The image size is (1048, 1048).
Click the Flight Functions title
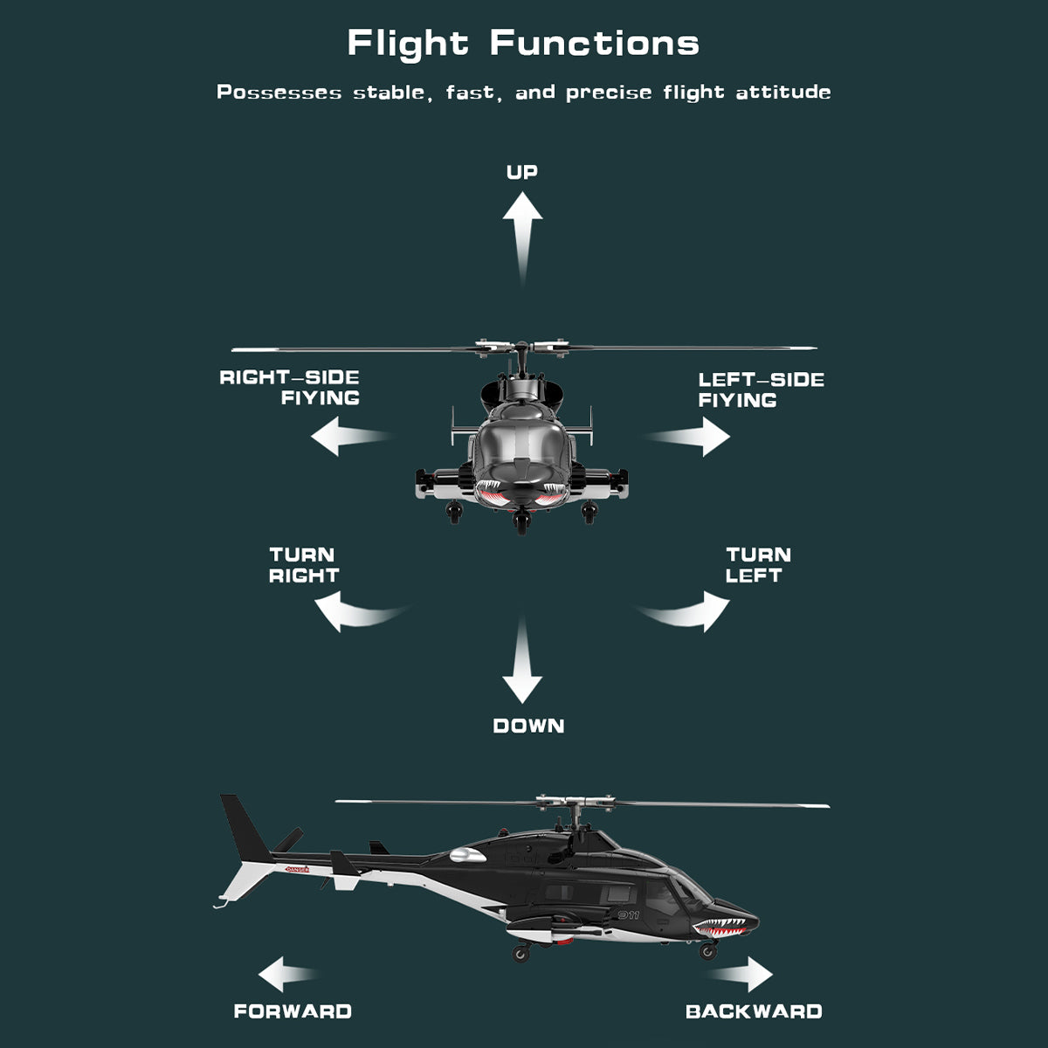coord(523,43)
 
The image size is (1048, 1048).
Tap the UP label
coord(522,172)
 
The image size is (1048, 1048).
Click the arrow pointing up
coord(522,231)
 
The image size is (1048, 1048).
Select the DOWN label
coord(528,726)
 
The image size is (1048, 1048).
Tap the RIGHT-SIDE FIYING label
coord(291,388)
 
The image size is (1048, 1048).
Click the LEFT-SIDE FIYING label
coord(760,390)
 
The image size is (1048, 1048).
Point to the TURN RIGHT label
coord(303,565)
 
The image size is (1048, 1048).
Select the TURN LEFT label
coord(757,565)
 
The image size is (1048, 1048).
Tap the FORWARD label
coord(293,1011)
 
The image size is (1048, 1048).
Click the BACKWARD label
coord(754,1011)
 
